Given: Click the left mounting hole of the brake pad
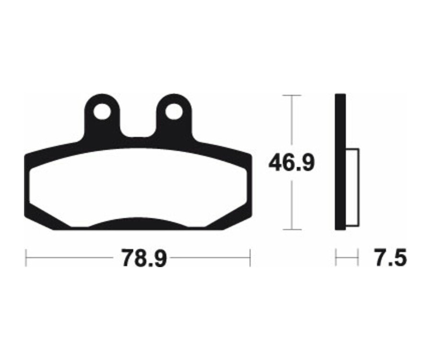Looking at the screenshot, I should (102, 112).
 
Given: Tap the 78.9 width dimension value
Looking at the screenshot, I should (144, 259).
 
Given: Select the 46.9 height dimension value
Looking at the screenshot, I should (291, 163).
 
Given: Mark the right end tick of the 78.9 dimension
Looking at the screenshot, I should (250, 259).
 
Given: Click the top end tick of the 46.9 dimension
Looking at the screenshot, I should (292, 96).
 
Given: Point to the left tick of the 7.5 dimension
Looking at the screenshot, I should (336, 259).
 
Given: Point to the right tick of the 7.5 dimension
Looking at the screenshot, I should (358, 259).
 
